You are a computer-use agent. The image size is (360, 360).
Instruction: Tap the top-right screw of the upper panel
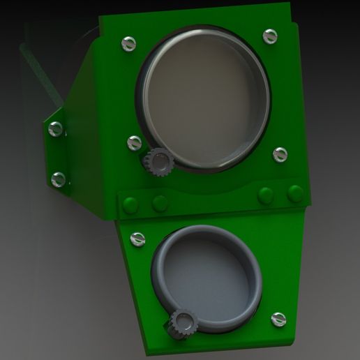(x=271, y=36)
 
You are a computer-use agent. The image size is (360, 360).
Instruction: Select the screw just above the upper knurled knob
(x=135, y=143)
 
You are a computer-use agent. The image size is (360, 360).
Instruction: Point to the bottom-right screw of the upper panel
(x=280, y=154)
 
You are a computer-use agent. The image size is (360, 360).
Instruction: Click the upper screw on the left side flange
(x=56, y=128)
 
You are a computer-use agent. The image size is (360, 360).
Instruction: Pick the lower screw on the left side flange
(x=58, y=179)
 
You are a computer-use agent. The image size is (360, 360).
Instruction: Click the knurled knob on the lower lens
(x=183, y=322)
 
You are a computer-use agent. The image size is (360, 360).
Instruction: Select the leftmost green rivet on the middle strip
(x=130, y=204)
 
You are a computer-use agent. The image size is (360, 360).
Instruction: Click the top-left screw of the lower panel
(x=138, y=239)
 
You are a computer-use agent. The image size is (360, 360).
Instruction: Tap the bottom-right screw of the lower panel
(x=278, y=319)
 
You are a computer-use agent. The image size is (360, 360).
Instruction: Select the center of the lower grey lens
(x=207, y=275)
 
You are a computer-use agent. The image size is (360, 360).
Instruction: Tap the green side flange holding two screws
(x=70, y=153)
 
